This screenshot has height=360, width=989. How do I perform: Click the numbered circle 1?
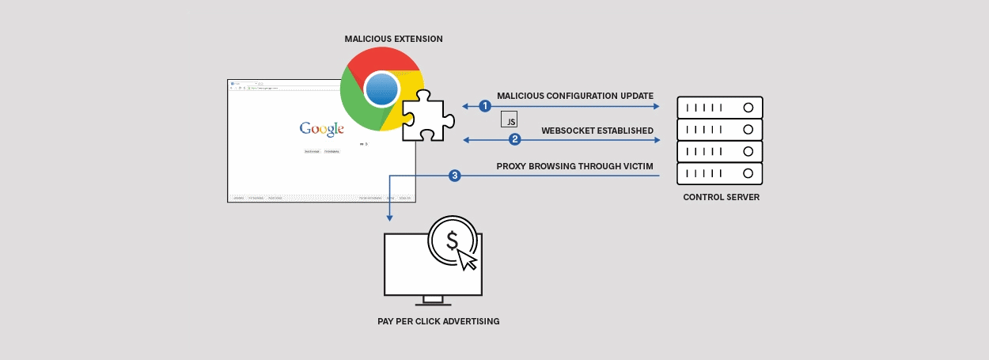tap(486, 106)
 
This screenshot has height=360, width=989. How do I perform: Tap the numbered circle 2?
tap(515, 140)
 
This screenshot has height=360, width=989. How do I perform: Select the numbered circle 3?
tap(455, 176)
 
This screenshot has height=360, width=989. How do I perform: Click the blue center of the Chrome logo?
tap(382, 88)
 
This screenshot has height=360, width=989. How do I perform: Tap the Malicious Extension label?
tap(393, 39)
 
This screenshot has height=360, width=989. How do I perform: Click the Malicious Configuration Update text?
tap(574, 96)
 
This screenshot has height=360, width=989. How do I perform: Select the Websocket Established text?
tap(597, 130)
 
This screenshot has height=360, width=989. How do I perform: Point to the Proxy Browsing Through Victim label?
tap(574, 166)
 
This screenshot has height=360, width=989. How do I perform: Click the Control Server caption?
tap(721, 197)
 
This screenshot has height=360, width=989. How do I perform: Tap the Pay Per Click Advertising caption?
tap(438, 322)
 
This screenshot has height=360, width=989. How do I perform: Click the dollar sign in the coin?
tap(452, 241)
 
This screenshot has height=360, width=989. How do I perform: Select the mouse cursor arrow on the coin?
tap(468, 259)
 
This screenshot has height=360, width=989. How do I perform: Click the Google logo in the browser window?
tap(321, 129)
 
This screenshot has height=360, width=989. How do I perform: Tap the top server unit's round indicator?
tap(747, 107)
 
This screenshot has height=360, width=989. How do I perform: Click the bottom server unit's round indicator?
tap(747, 173)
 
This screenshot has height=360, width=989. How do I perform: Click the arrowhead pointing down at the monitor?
tap(390, 217)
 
